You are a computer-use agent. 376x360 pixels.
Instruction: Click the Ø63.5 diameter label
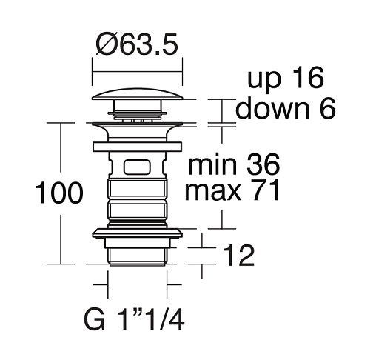tap(137, 44)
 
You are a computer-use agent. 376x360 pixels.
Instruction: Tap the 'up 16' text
tap(286, 78)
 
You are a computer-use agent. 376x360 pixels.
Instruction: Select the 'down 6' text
tap(285, 108)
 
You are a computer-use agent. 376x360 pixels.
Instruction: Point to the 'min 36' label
tap(234, 164)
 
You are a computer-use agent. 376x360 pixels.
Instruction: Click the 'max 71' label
tap(232, 190)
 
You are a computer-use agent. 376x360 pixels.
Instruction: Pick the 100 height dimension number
tap(59, 193)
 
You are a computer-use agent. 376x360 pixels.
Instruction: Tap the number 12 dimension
tap(238, 256)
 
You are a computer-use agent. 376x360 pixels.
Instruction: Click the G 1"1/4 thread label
tap(134, 319)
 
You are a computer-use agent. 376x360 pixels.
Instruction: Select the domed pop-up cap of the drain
tap(138, 94)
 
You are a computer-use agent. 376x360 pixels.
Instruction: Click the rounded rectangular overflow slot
tap(137, 167)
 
